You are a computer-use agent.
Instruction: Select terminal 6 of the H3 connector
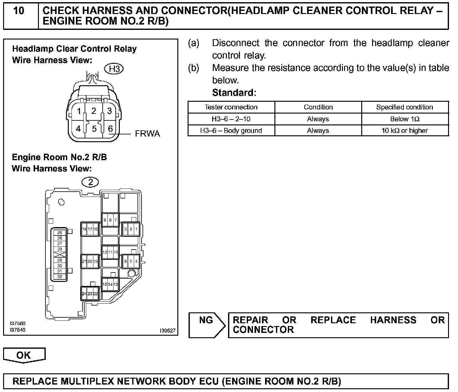tap(110, 128)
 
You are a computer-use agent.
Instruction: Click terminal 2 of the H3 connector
tap(94, 111)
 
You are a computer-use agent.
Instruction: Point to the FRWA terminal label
tap(147, 134)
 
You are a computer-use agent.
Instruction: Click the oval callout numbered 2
tap(91, 182)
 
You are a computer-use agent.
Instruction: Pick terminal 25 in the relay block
tap(60, 233)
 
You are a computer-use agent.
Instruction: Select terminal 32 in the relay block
tap(60, 276)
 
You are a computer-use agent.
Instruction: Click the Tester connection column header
tap(231, 107)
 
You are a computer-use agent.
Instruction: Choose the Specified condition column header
tap(404, 107)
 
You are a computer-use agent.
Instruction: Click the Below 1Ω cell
tap(404, 119)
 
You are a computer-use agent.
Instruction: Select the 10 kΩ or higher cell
tap(404, 131)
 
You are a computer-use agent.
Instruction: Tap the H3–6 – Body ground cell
tap(231, 131)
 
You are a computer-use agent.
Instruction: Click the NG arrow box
tap(206, 325)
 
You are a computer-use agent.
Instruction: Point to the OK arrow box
tap(24, 355)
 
